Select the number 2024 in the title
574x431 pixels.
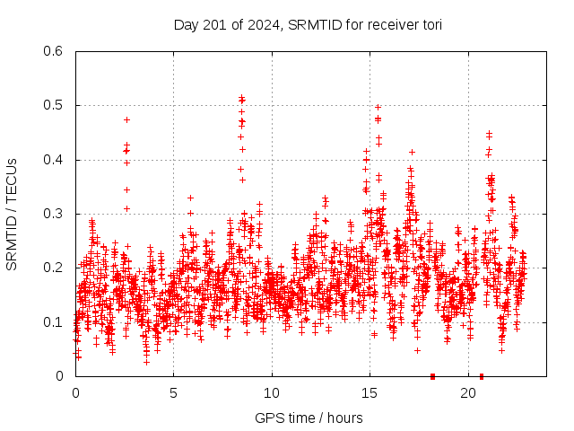261,25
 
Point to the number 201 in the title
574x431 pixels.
217,25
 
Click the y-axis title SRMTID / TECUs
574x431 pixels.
12,214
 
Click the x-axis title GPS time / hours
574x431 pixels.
309,418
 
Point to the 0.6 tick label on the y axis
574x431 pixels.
55,51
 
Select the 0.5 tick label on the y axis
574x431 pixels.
55,106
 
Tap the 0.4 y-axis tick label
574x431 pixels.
55,160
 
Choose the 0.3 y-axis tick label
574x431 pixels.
55,214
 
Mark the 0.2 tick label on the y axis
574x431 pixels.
55,268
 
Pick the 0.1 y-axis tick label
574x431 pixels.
55,322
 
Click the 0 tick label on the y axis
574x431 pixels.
62,376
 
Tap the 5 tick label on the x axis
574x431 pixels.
173,393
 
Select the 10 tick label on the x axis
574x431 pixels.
272,393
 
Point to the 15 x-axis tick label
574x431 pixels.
370,393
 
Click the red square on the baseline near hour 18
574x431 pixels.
432,376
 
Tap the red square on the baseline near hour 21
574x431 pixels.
482,376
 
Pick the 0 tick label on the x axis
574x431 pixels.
75,393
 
